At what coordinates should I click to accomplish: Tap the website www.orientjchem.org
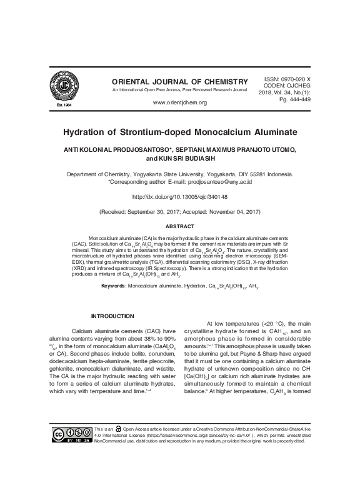(179, 102)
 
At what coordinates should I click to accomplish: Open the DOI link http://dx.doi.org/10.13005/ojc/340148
(179, 196)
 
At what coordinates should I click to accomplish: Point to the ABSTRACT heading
(179, 226)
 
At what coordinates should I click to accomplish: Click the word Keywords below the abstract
(114, 286)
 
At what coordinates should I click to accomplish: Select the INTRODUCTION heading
(112, 316)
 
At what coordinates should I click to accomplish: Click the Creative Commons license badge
(69, 434)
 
